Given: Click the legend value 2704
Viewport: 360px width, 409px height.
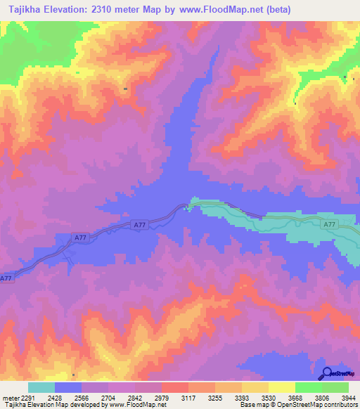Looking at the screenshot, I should pyautogui.click(x=107, y=397).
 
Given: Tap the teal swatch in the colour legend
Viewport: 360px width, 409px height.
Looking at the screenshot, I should pyautogui.click(x=41, y=387).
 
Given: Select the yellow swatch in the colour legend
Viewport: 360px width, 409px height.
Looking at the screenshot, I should pyautogui.click(x=281, y=387).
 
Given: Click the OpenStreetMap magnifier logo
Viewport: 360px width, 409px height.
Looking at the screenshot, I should pyautogui.click(x=327, y=373).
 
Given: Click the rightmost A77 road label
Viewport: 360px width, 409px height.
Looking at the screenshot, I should pyautogui.click(x=330, y=225).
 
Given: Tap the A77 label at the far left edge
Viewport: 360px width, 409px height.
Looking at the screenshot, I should pyautogui.click(x=6, y=278).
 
